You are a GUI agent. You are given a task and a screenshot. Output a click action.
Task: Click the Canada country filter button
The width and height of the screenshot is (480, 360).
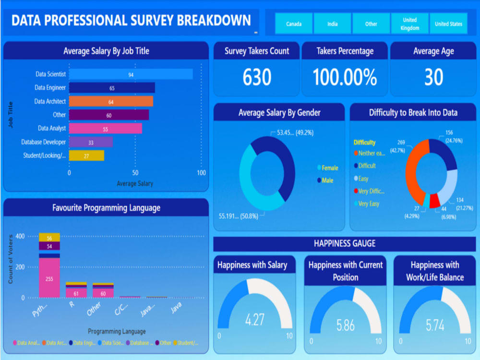(x=294, y=24)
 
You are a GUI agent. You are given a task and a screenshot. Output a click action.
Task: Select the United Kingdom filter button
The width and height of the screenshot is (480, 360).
(x=409, y=24)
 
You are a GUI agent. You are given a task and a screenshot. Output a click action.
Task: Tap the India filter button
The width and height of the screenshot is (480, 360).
(x=333, y=24)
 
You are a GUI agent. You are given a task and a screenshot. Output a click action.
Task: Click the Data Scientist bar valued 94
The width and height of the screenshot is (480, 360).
(x=131, y=74)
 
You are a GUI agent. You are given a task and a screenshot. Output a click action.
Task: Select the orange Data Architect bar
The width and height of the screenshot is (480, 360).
(x=111, y=101)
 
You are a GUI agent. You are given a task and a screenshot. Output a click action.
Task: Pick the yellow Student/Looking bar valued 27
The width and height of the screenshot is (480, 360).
(x=86, y=156)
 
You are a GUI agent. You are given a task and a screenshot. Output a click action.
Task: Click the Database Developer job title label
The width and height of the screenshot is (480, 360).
(x=44, y=142)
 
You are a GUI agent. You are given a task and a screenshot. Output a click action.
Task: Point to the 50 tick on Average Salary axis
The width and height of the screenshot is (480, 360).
(x=135, y=173)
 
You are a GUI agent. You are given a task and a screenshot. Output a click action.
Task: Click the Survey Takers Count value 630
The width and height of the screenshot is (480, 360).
(x=257, y=77)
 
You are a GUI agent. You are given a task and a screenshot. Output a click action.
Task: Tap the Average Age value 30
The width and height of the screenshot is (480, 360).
(x=433, y=77)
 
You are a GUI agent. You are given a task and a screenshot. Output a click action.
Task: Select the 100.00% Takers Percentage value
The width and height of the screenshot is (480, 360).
(x=345, y=77)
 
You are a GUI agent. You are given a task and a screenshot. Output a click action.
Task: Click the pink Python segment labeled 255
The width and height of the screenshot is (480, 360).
(x=49, y=278)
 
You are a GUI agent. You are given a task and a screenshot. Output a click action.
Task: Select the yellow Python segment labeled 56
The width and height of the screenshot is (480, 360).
(x=49, y=238)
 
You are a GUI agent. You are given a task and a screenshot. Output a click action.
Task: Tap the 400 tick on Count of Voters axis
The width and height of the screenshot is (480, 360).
(x=20, y=236)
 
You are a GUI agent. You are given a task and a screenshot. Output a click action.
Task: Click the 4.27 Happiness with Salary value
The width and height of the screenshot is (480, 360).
(x=254, y=320)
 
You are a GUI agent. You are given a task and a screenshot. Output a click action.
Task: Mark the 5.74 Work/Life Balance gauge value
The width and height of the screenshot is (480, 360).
(x=435, y=325)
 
